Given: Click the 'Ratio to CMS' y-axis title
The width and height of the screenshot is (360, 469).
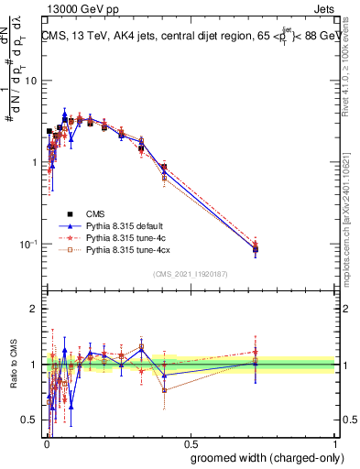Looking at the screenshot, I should tap(12, 365).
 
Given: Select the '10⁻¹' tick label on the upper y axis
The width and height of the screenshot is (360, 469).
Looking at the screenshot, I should tap(29, 245).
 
